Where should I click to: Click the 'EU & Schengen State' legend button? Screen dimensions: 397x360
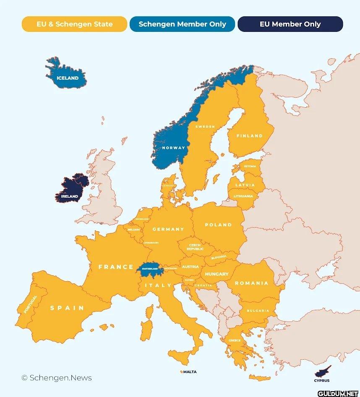click(74, 24)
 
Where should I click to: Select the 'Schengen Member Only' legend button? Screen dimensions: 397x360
click(182, 24)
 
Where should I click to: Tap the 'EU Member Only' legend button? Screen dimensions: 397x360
click(290, 24)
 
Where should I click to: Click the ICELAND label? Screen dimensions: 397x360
click(68, 78)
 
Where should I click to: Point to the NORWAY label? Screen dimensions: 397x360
click(174, 148)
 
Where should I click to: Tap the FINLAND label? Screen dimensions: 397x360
click(250, 136)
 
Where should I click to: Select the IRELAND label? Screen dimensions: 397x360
click(70, 196)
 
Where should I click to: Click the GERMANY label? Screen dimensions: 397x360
click(168, 229)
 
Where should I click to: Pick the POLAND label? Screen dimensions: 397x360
click(218, 225)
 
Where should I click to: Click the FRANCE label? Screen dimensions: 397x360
click(116, 267)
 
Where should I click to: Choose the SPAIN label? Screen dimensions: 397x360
click(67, 308)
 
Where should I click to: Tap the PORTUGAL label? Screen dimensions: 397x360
click(31, 304)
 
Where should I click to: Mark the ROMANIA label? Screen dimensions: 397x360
click(251, 283)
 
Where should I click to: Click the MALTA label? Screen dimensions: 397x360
click(190, 372)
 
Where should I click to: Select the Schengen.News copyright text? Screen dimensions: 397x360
click(57, 378)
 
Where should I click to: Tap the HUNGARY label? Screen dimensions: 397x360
click(217, 274)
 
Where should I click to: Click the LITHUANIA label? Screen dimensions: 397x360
click(243, 196)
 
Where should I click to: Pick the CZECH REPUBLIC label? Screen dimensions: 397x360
click(195, 247)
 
